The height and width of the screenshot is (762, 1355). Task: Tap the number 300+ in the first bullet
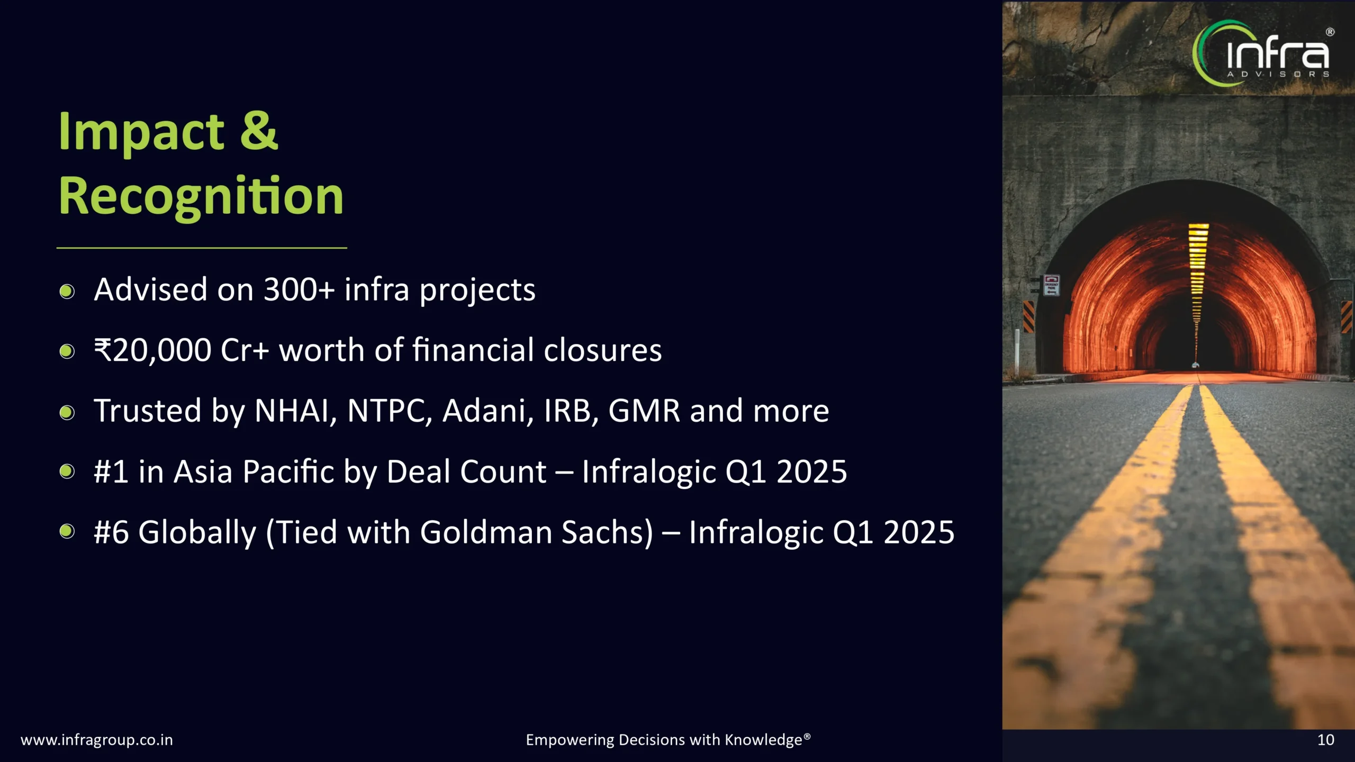(299, 290)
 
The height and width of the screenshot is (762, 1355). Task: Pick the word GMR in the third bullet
(644, 411)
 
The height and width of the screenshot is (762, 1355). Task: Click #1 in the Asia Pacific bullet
(111, 471)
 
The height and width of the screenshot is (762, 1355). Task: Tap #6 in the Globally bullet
(111, 532)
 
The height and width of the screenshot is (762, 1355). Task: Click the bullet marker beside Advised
(67, 291)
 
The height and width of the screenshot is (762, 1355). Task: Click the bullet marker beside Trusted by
(67, 412)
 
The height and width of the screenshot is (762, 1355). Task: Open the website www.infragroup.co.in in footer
(97, 740)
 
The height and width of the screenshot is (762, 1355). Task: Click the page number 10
(1325, 740)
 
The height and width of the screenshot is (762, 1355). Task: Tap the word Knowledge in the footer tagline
(763, 740)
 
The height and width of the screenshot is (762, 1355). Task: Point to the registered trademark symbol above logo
(1330, 32)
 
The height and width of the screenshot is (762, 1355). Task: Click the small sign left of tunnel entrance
(1051, 285)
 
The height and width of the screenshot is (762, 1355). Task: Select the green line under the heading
(202, 248)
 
